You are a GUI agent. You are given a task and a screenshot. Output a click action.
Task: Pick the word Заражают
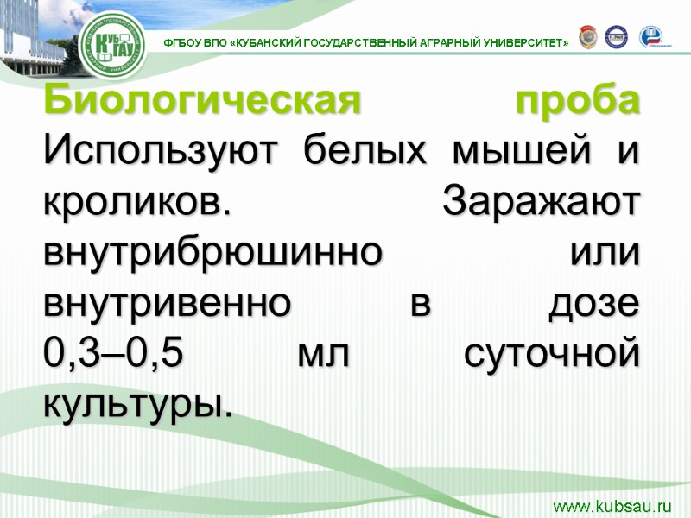(541, 204)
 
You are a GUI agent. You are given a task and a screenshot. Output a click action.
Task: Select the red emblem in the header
(586, 36)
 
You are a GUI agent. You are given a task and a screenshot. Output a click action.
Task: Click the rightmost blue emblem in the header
(652, 36)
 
